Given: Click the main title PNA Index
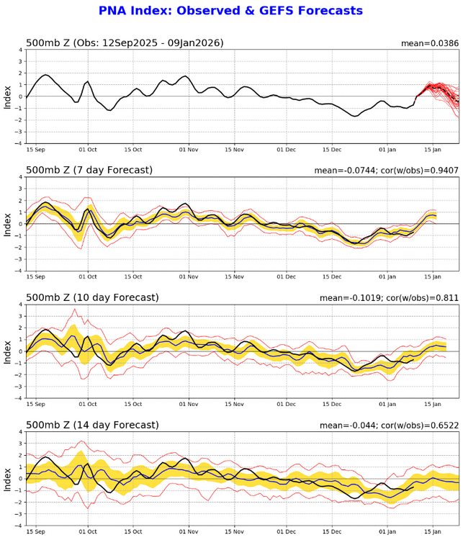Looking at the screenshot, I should point(230,11).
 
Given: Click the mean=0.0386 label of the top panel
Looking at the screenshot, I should point(430,43).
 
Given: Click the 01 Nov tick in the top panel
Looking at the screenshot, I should point(189,151).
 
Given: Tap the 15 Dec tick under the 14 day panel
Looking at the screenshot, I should point(332,532).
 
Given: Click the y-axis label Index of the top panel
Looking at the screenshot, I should point(8,96).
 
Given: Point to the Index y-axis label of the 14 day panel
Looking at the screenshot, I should point(8,478).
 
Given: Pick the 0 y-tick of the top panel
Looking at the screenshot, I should point(19,96).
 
